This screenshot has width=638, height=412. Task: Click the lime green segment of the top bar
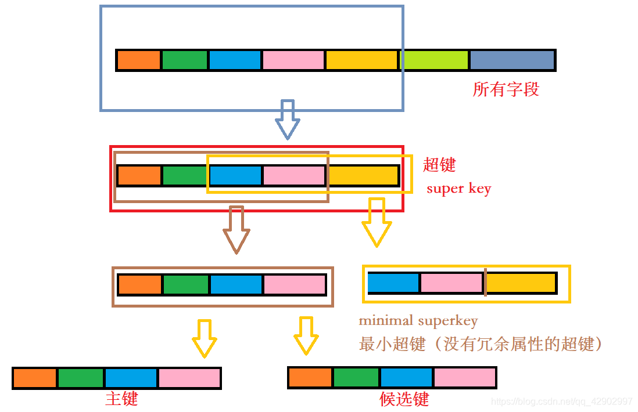(434, 60)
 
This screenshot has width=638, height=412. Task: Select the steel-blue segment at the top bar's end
(512, 60)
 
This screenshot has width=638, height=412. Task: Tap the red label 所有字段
(506, 89)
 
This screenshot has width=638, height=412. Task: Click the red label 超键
(439, 165)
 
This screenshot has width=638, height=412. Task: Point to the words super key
(458, 189)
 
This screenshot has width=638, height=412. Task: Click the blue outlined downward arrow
(287, 119)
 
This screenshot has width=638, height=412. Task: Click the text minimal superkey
(418, 320)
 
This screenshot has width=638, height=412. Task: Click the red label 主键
(121, 399)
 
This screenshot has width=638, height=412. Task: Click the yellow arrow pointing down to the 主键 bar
(204, 337)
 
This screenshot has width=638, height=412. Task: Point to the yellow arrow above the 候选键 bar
(305, 335)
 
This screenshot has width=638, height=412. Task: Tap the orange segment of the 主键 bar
(34, 378)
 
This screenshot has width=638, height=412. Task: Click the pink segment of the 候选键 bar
(464, 377)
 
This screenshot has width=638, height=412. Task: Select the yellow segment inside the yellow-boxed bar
(521, 283)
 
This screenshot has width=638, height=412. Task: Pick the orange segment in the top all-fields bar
(138, 60)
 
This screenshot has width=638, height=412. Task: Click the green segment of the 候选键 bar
(356, 377)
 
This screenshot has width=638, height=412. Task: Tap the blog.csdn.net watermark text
(561, 402)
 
